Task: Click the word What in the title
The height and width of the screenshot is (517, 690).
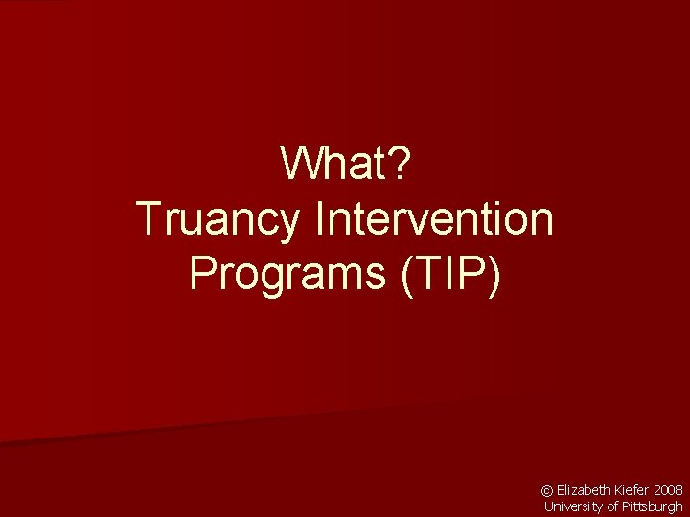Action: [x=335, y=166]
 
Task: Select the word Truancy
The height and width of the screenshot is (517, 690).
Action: [x=219, y=219]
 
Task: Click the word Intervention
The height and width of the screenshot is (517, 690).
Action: [x=434, y=219]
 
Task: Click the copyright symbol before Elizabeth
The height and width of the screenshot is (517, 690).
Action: [x=548, y=489]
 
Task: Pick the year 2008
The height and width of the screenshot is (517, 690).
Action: [x=668, y=489]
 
